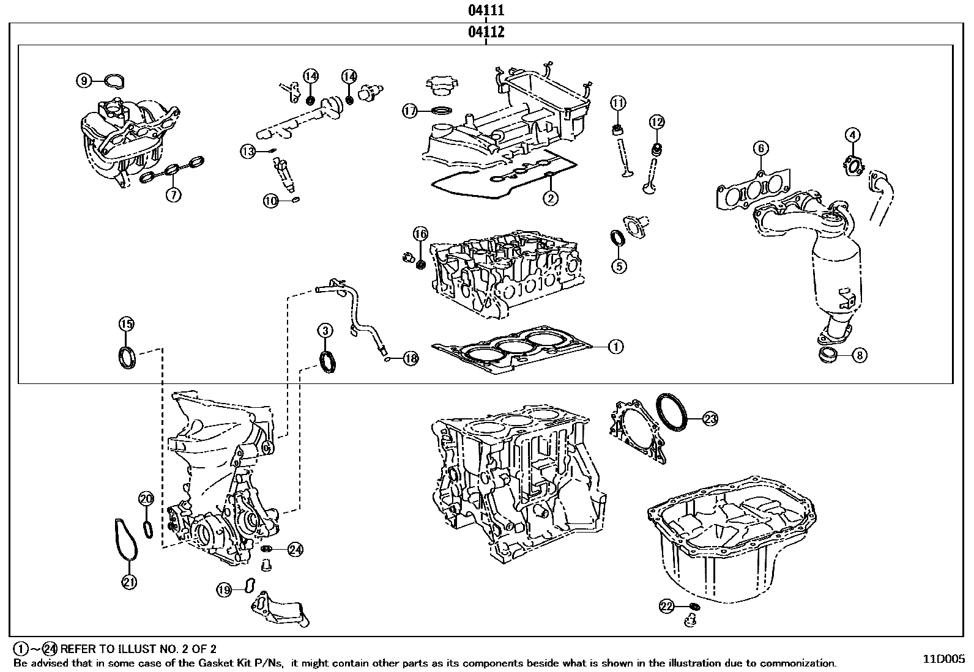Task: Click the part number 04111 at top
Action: [x=486, y=10]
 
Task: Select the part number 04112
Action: [x=486, y=32]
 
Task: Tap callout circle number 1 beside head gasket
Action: [x=615, y=347]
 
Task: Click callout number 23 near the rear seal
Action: [x=710, y=419]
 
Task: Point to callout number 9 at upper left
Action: [x=84, y=80]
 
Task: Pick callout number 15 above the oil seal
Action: [x=126, y=324]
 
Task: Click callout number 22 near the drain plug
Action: [x=666, y=606]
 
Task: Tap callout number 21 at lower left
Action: [x=129, y=582]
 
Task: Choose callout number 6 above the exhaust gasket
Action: [x=760, y=149]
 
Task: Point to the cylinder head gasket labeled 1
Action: [x=511, y=350]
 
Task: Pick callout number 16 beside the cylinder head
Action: [x=420, y=234]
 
